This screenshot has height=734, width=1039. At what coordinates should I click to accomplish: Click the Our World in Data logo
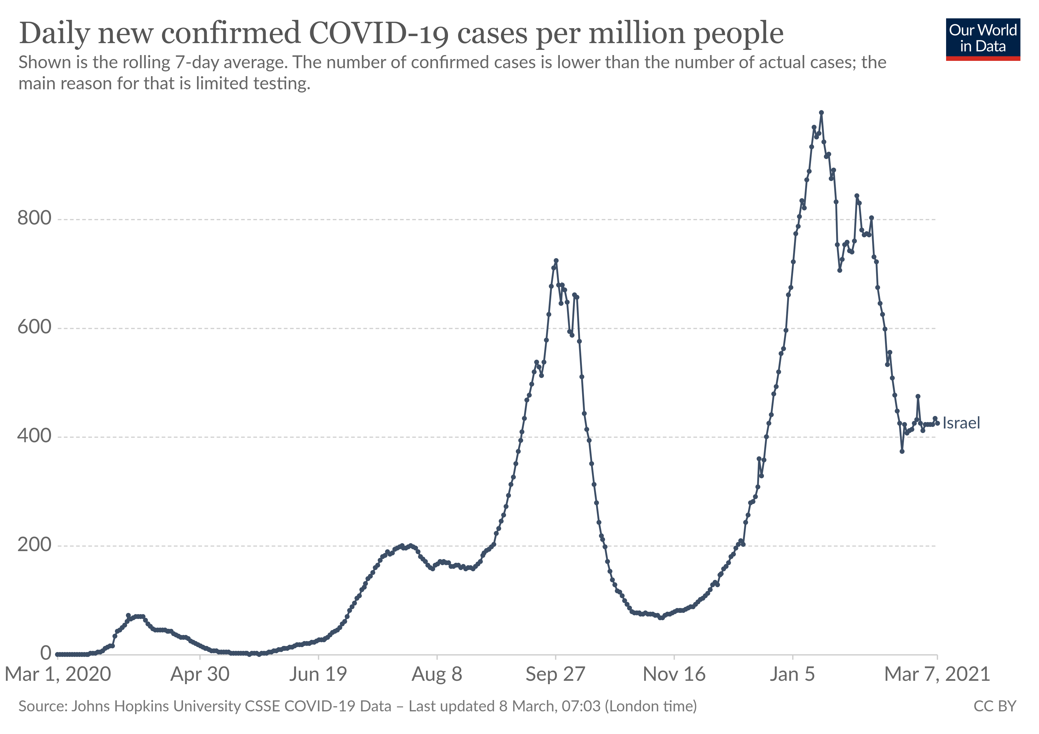982,39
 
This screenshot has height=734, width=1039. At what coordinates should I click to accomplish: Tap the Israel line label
961,423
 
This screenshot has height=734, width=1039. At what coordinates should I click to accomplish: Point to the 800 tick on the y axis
35,218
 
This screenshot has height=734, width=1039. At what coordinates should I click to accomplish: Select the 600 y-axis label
35,327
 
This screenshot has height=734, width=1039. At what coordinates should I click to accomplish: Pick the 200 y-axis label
35,544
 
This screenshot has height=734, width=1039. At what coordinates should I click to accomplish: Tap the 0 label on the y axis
46,653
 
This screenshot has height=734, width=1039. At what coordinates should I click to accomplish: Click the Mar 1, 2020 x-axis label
58,675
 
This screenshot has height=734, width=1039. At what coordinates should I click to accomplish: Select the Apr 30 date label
200,675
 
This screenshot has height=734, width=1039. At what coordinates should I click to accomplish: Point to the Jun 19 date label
318,675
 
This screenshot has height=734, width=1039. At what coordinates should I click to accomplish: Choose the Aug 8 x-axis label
437,675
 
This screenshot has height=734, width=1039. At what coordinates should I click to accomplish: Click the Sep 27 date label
555,675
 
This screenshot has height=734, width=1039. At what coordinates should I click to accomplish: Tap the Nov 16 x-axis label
674,675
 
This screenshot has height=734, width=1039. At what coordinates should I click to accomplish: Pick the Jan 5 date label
792,675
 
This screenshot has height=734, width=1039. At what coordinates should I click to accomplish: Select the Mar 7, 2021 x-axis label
937,675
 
